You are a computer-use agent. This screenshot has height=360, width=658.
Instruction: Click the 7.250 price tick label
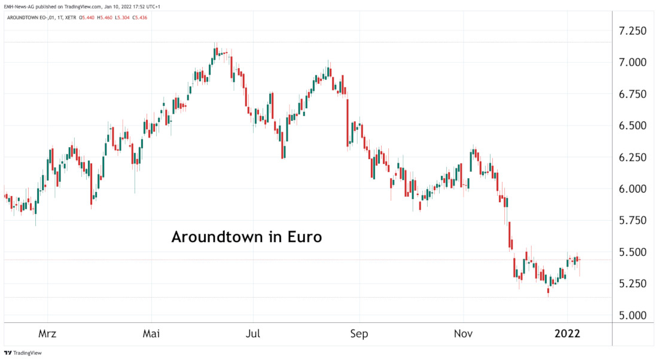pyautogui.click(x=633, y=31)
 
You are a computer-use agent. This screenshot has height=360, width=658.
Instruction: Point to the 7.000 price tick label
pyautogui.click(x=633, y=63)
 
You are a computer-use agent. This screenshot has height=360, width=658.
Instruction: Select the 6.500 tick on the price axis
pyautogui.click(x=633, y=126)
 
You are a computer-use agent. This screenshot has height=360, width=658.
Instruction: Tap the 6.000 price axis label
pyautogui.click(x=633, y=189)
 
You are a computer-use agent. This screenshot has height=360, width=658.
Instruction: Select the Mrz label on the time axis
pyautogui.click(x=47, y=334)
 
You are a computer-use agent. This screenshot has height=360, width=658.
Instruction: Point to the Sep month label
pyautogui.click(x=360, y=334)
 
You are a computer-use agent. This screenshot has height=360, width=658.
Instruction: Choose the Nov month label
pyautogui.click(x=463, y=334)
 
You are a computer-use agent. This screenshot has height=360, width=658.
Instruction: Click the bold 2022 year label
pyautogui.click(x=566, y=334)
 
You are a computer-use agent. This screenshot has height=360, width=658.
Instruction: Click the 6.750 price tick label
pyautogui.click(x=633, y=94)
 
